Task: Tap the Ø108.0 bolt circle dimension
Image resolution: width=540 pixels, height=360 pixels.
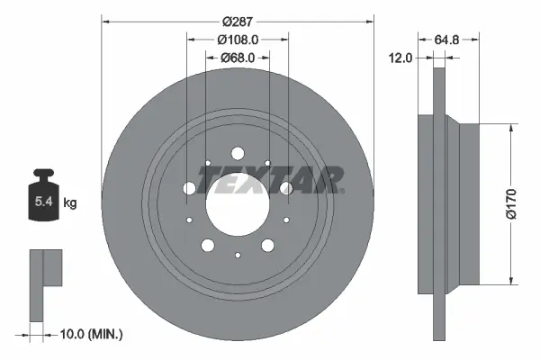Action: (x=238, y=39)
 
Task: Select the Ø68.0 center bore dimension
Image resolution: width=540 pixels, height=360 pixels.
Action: (x=238, y=58)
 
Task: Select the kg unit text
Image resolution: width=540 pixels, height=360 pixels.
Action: (x=71, y=203)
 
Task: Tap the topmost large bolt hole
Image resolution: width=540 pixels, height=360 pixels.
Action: (x=238, y=152)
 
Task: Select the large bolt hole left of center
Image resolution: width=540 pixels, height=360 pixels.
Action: (x=189, y=188)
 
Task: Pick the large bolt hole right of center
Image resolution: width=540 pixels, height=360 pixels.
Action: (x=286, y=187)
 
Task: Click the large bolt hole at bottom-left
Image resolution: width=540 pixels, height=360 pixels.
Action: (x=208, y=245)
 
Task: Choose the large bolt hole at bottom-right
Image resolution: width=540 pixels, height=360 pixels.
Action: (x=267, y=245)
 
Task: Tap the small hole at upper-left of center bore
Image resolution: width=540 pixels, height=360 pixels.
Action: (x=207, y=163)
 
